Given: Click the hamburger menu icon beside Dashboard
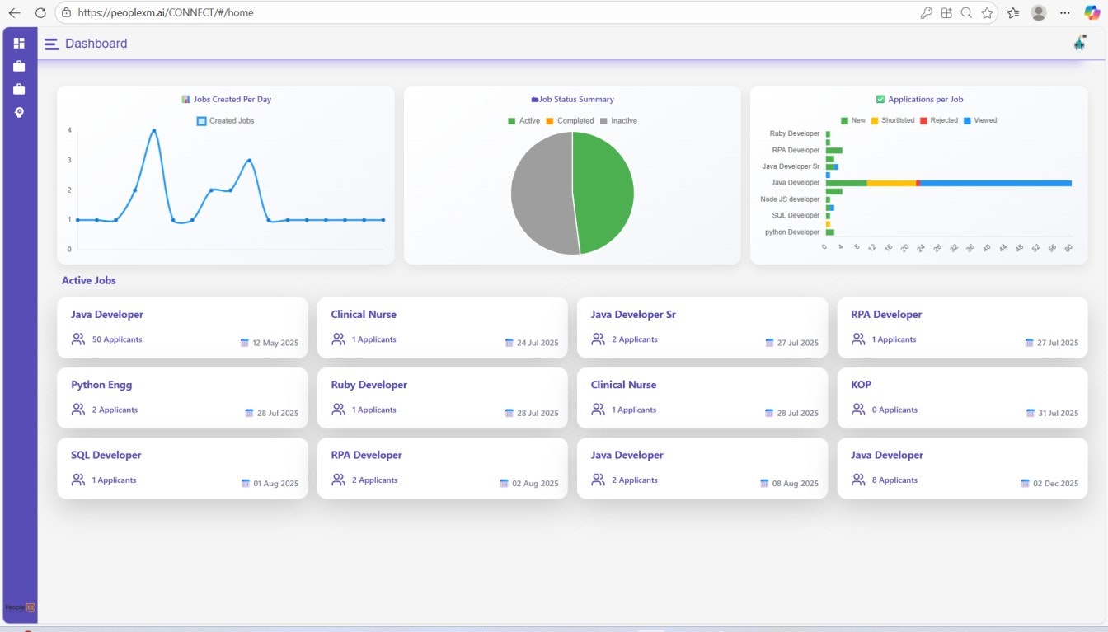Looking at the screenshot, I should tap(51, 44).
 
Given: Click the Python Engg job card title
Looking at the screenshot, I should tap(101, 385).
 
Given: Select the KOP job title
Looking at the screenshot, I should tap(861, 385).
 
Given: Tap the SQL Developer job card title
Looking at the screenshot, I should tap(106, 455).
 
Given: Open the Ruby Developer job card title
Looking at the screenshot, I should tap(369, 385).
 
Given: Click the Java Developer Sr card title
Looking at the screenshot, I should tap(633, 315).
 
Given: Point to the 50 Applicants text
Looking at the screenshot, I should tap(116, 339).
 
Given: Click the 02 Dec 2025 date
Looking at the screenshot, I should tap(1055, 484).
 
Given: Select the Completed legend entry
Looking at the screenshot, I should tap(575, 121).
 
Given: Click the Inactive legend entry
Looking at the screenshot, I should tap(623, 121).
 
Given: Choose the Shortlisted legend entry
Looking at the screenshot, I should tap(898, 120).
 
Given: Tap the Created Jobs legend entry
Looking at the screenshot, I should tap(231, 121).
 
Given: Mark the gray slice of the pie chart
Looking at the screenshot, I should tap(540, 194).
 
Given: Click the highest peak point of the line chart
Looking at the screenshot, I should tap(153, 130).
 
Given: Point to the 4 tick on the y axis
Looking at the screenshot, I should tap(69, 130).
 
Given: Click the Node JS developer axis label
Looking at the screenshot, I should tap(790, 199).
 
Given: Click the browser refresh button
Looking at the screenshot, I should tap(40, 12).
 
